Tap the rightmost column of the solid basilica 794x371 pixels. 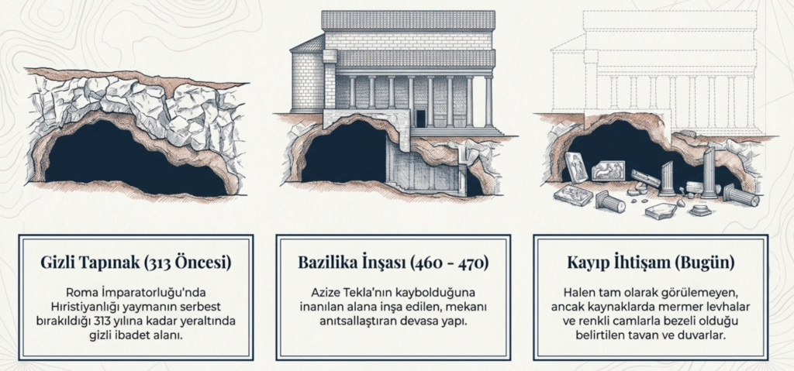488,101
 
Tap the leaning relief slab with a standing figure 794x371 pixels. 575,167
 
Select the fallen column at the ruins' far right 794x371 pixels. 741,194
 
